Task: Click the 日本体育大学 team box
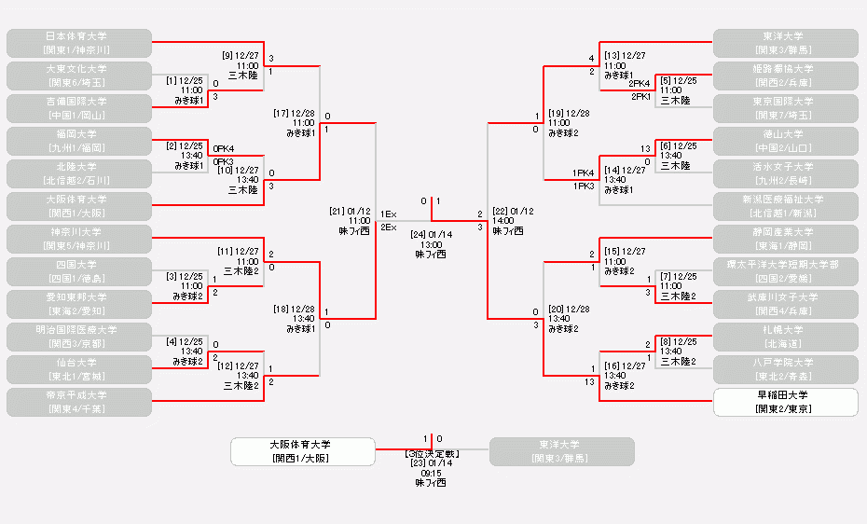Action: click(x=78, y=43)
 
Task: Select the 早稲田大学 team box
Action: click(x=785, y=402)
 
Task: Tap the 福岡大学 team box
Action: click(x=78, y=141)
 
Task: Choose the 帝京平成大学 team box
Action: click(x=78, y=402)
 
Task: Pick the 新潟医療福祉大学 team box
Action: click(x=785, y=206)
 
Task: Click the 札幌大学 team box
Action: click(x=785, y=337)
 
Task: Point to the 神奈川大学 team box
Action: click(x=78, y=239)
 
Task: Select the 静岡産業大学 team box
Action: click(x=785, y=239)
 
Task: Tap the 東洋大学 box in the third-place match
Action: click(x=561, y=451)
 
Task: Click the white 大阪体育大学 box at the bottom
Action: click(x=303, y=451)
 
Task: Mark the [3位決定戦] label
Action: click(x=431, y=453)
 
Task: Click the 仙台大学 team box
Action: click(x=78, y=369)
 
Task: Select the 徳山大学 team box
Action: click(x=785, y=141)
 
